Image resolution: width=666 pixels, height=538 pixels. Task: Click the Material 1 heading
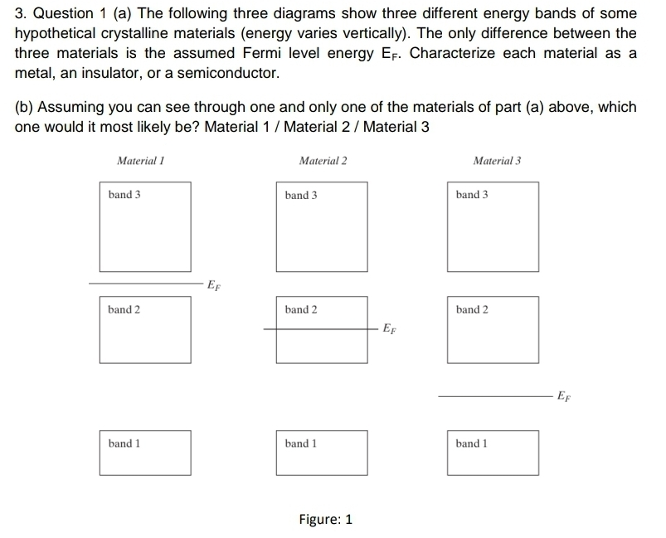[140, 161]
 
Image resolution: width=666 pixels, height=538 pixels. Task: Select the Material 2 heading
[323, 161]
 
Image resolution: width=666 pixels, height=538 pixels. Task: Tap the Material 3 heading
[496, 161]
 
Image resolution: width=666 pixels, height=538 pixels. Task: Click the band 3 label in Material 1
[124, 195]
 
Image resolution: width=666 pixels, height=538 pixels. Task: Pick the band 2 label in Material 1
[124, 310]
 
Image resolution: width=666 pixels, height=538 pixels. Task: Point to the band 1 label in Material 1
[124, 443]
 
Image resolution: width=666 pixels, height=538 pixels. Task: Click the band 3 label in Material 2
[300, 196]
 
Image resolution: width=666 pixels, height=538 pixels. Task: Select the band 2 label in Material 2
[300, 310]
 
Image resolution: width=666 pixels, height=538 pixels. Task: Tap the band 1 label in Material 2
[300, 443]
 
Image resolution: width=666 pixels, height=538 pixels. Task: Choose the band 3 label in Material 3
[472, 195]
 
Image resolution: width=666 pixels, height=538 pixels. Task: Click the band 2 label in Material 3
[472, 310]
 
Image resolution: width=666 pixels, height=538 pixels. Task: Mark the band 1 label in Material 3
[472, 443]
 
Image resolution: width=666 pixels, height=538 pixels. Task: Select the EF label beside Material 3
[563, 397]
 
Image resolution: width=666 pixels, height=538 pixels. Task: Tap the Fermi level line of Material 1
[144, 283]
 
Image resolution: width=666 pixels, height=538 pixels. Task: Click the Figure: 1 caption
[325, 520]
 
